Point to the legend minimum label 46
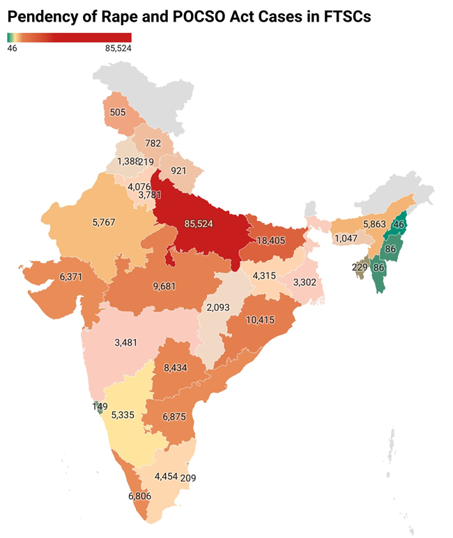12,48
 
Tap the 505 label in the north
118,112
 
